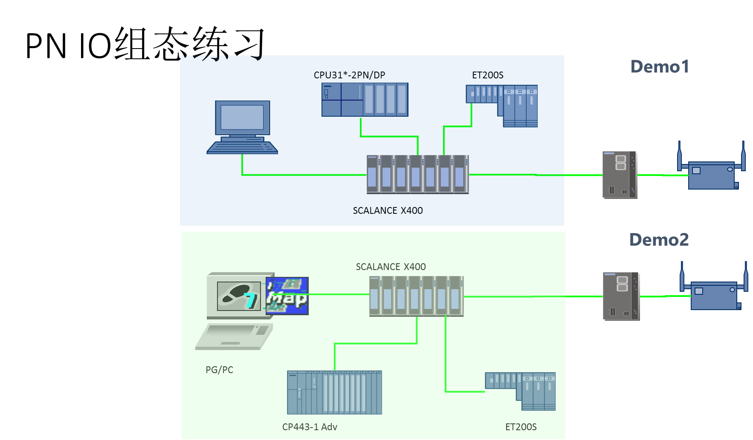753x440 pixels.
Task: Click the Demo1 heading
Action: click(659, 67)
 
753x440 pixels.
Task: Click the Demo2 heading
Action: click(659, 240)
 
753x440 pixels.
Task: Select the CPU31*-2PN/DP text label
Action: click(349, 75)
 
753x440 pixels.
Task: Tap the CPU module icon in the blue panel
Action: click(365, 100)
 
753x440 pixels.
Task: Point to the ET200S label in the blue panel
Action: click(487, 75)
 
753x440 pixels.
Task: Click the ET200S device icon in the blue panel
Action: click(502, 106)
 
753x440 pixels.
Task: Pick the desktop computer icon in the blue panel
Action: click(242, 127)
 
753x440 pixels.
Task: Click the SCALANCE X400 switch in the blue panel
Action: click(417, 174)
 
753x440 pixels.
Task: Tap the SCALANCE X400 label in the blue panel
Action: click(388, 210)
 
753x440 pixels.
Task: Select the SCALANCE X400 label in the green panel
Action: click(391, 267)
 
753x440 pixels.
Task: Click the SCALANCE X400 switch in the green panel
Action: click(416, 296)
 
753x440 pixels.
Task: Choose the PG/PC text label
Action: click(219, 370)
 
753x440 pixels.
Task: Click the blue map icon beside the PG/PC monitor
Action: click(287, 296)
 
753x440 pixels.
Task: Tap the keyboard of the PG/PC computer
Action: click(234, 336)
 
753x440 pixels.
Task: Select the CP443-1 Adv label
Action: click(310, 427)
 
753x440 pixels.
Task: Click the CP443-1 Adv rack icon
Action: click(334, 392)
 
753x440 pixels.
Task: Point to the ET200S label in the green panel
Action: click(521, 427)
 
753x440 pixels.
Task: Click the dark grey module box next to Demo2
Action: click(621, 296)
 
